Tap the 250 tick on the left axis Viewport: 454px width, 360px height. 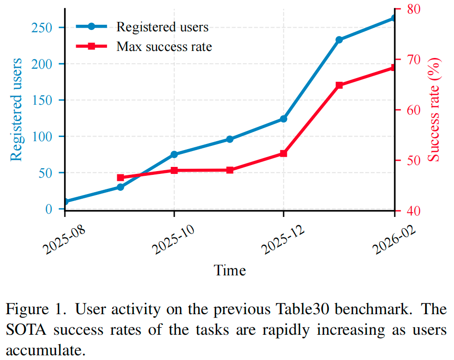pyautogui.click(x=41, y=28)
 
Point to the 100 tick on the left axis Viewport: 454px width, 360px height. pyautogui.click(x=41, y=137)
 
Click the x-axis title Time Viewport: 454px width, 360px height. pyautogui.click(x=230, y=270)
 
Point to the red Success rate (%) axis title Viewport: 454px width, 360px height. pyautogui.click(x=435, y=110)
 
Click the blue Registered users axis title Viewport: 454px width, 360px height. pyautogui.click(x=16, y=109)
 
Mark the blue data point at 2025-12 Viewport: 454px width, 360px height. pyautogui.click(x=284, y=119)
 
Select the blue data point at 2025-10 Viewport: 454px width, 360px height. pyautogui.click(x=174, y=154)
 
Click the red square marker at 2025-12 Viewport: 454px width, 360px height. pyautogui.click(x=284, y=153)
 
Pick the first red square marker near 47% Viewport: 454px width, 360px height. pyautogui.click(x=121, y=178)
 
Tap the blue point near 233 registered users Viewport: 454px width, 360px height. pyautogui.click(x=339, y=40)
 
